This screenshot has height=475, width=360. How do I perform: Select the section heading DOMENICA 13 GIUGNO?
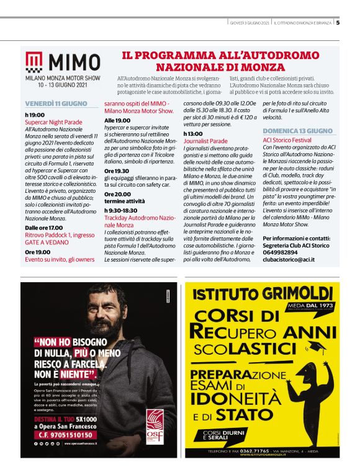click(298, 131)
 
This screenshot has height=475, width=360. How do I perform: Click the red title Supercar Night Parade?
click(53, 122)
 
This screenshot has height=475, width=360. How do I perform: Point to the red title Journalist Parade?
click(205, 141)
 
